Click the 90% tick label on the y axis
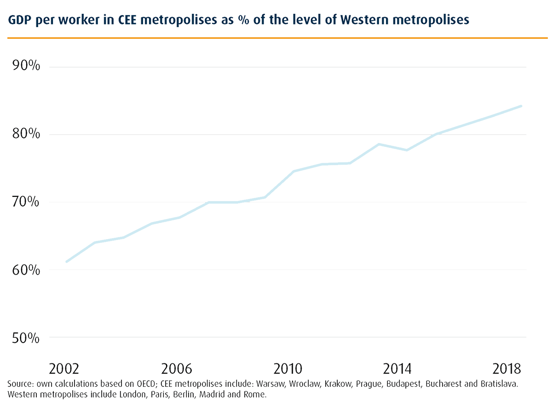(x=25, y=67)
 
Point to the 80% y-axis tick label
(x=25, y=134)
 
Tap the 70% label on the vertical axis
(x=25, y=202)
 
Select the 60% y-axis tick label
(x=25, y=270)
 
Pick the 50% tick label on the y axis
(x=25, y=338)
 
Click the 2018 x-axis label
(x=506, y=369)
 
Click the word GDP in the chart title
(x=17, y=20)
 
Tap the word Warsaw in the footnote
(x=270, y=384)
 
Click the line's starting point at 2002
(x=67, y=262)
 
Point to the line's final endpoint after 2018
(x=522, y=106)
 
